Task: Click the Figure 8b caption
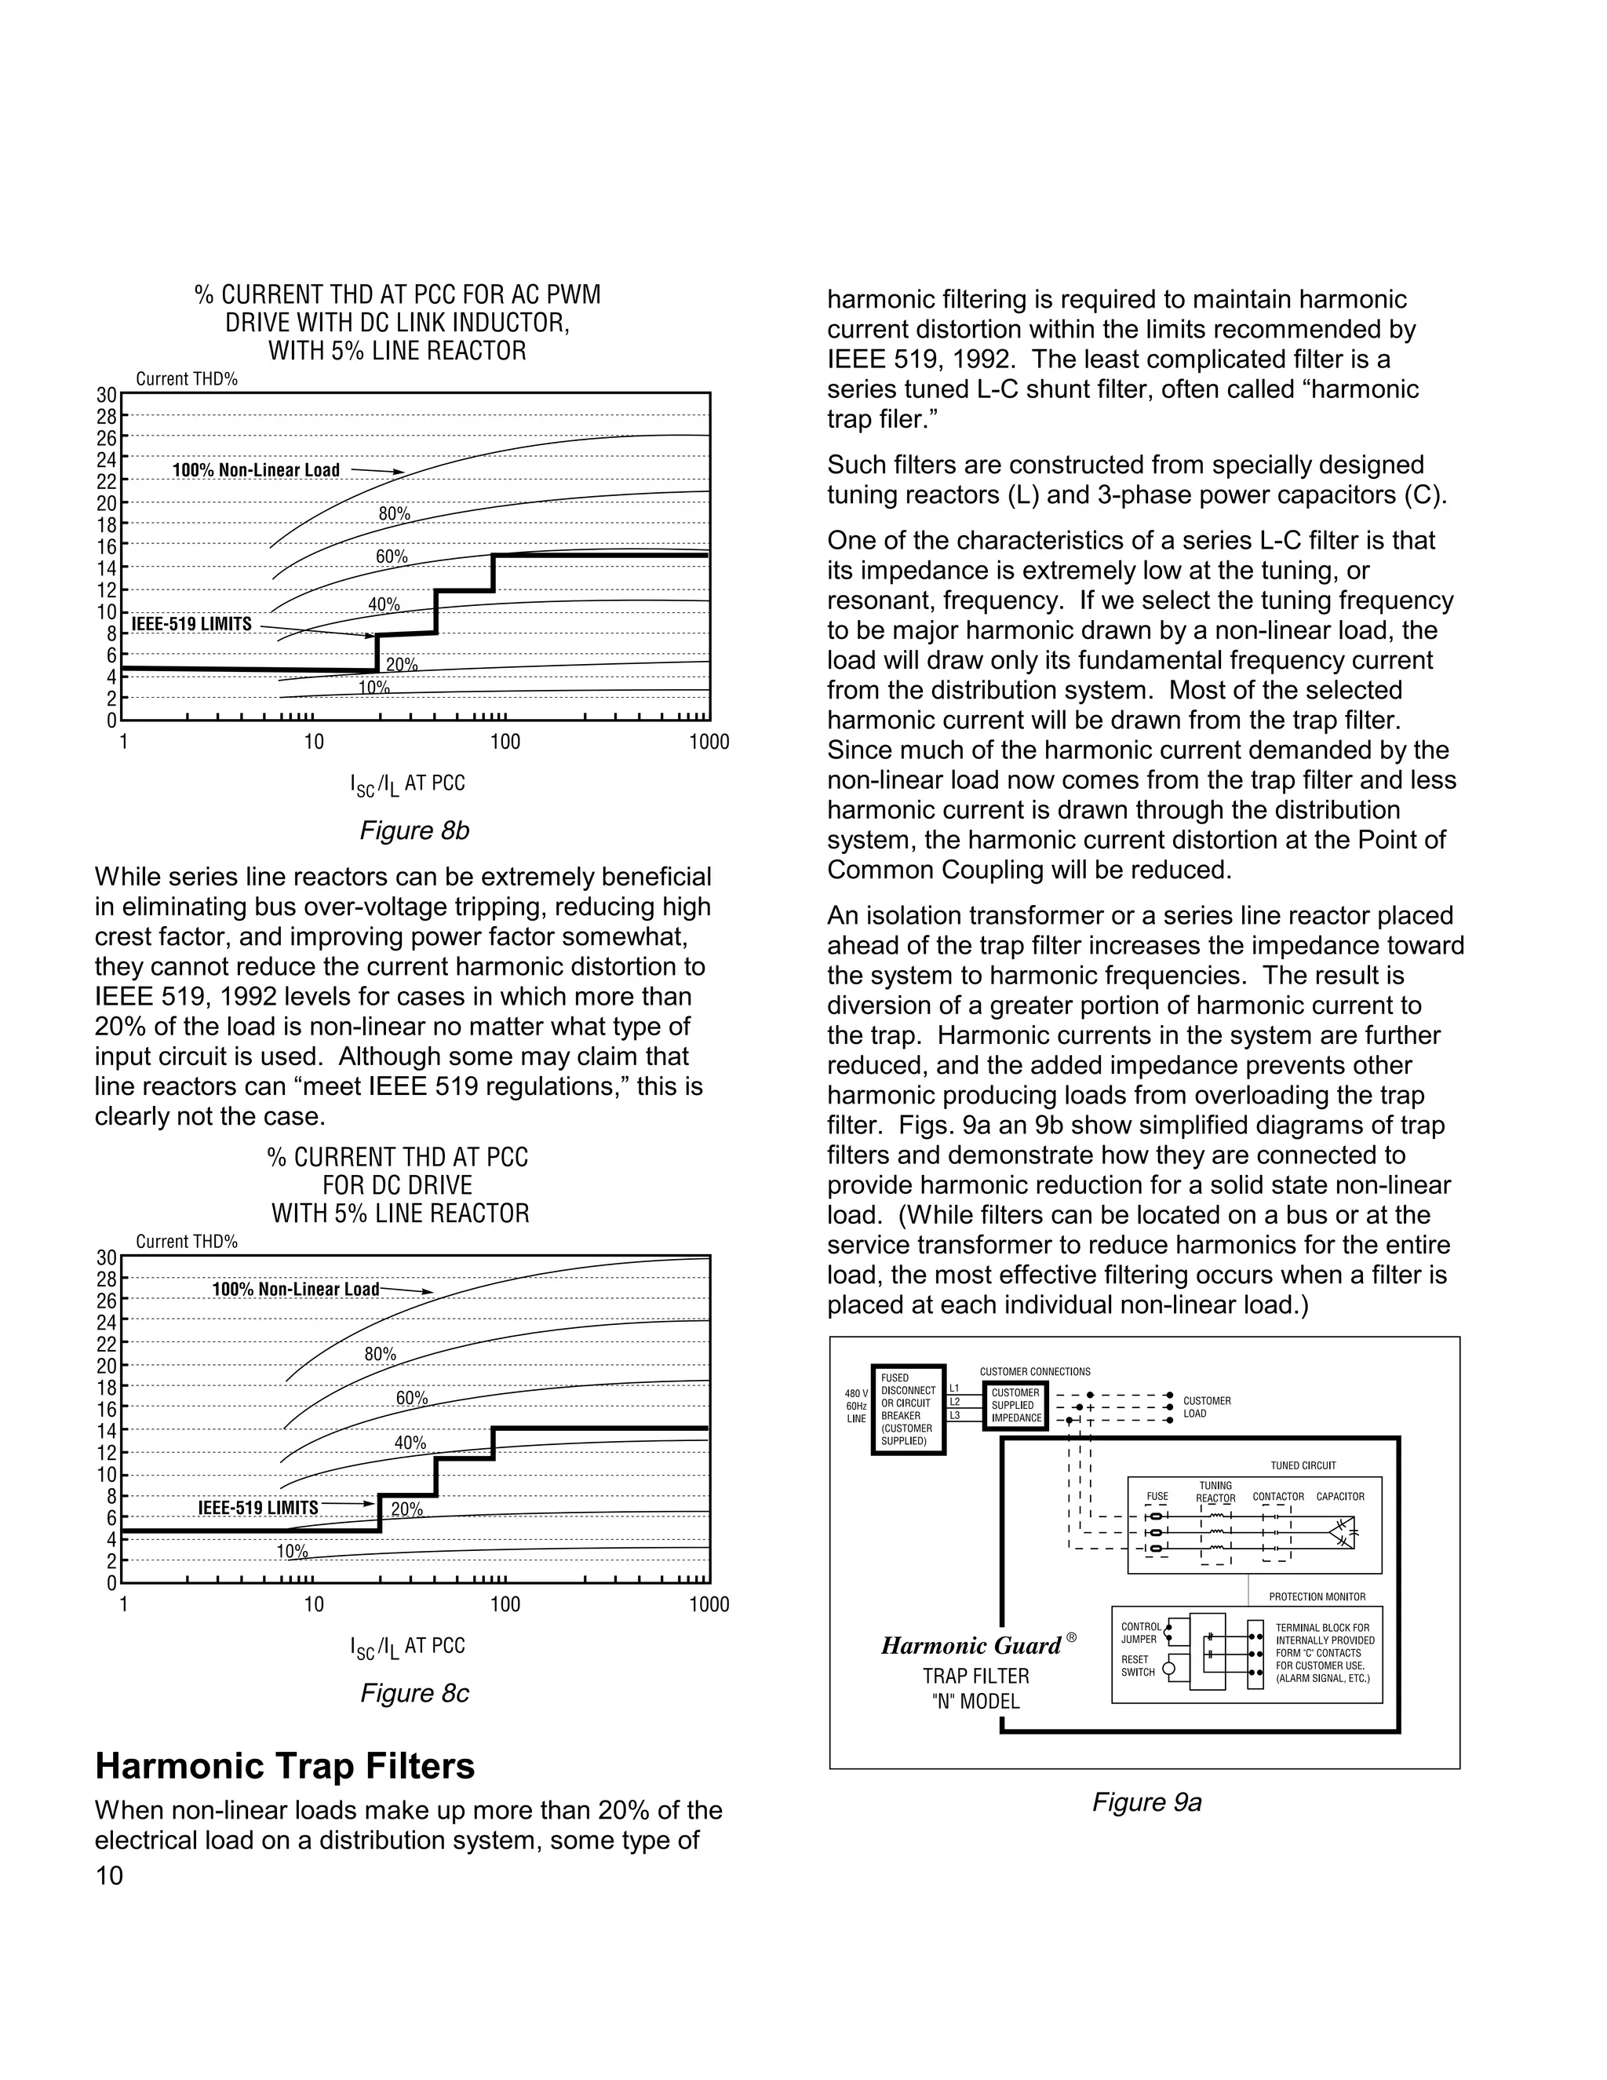coord(414,830)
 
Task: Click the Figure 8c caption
coord(414,1692)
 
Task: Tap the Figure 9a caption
coord(1146,1802)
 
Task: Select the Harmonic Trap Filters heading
coord(285,1766)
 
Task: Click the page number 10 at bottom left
coord(110,1875)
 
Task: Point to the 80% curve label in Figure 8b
coord(394,513)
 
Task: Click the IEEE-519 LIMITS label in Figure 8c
coord(258,1508)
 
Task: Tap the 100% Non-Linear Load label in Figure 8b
coord(255,469)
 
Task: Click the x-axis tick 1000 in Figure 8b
coord(709,742)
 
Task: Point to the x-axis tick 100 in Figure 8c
coord(505,1604)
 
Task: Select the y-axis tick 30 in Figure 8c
coord(107,1257)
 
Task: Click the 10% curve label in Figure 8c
coord(292,1552)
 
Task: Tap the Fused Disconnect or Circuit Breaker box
coord(908,1410)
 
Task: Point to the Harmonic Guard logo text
coord(971,1646)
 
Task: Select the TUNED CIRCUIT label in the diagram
coord(1303,1465)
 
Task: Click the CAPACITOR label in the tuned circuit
coord(1339,1496)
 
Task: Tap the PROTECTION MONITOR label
coord(1317,1596)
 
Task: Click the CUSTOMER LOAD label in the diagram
coord(1206,1407)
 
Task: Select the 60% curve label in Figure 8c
coord(411,1398)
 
